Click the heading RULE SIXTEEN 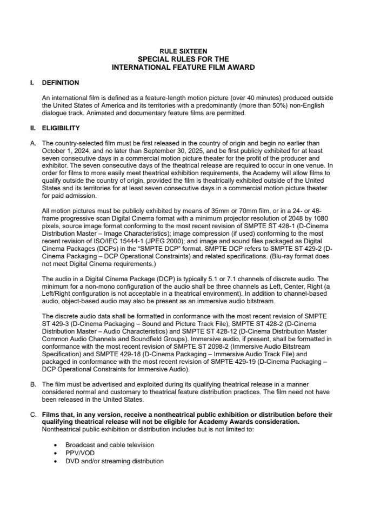tap(183, 51)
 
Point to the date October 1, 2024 tap(64, 151)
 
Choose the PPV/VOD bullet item tap(80, 453)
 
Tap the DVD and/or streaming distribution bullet tap(114, 461)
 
